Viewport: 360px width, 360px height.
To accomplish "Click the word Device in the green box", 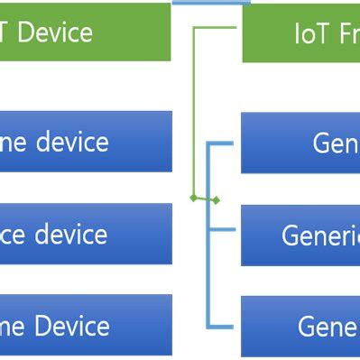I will tap(55, 33).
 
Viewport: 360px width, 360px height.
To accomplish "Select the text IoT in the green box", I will tap(309, 35).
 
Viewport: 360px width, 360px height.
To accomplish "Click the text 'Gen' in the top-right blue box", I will tap(335, 143).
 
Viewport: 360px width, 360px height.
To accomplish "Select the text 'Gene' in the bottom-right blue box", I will tap(328, 327).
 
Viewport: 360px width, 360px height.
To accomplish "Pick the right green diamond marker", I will tap(216, 200).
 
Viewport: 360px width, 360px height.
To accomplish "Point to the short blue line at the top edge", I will tap(211, 3).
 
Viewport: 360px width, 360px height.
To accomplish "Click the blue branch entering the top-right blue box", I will tap(225, 143).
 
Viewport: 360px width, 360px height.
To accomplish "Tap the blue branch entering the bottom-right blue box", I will tap(225, 325).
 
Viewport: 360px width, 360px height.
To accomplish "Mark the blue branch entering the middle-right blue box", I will tap(225, 235).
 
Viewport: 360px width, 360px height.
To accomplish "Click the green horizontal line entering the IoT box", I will tap(217, 26).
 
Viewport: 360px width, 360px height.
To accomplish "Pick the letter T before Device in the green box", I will tap(6, 33).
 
